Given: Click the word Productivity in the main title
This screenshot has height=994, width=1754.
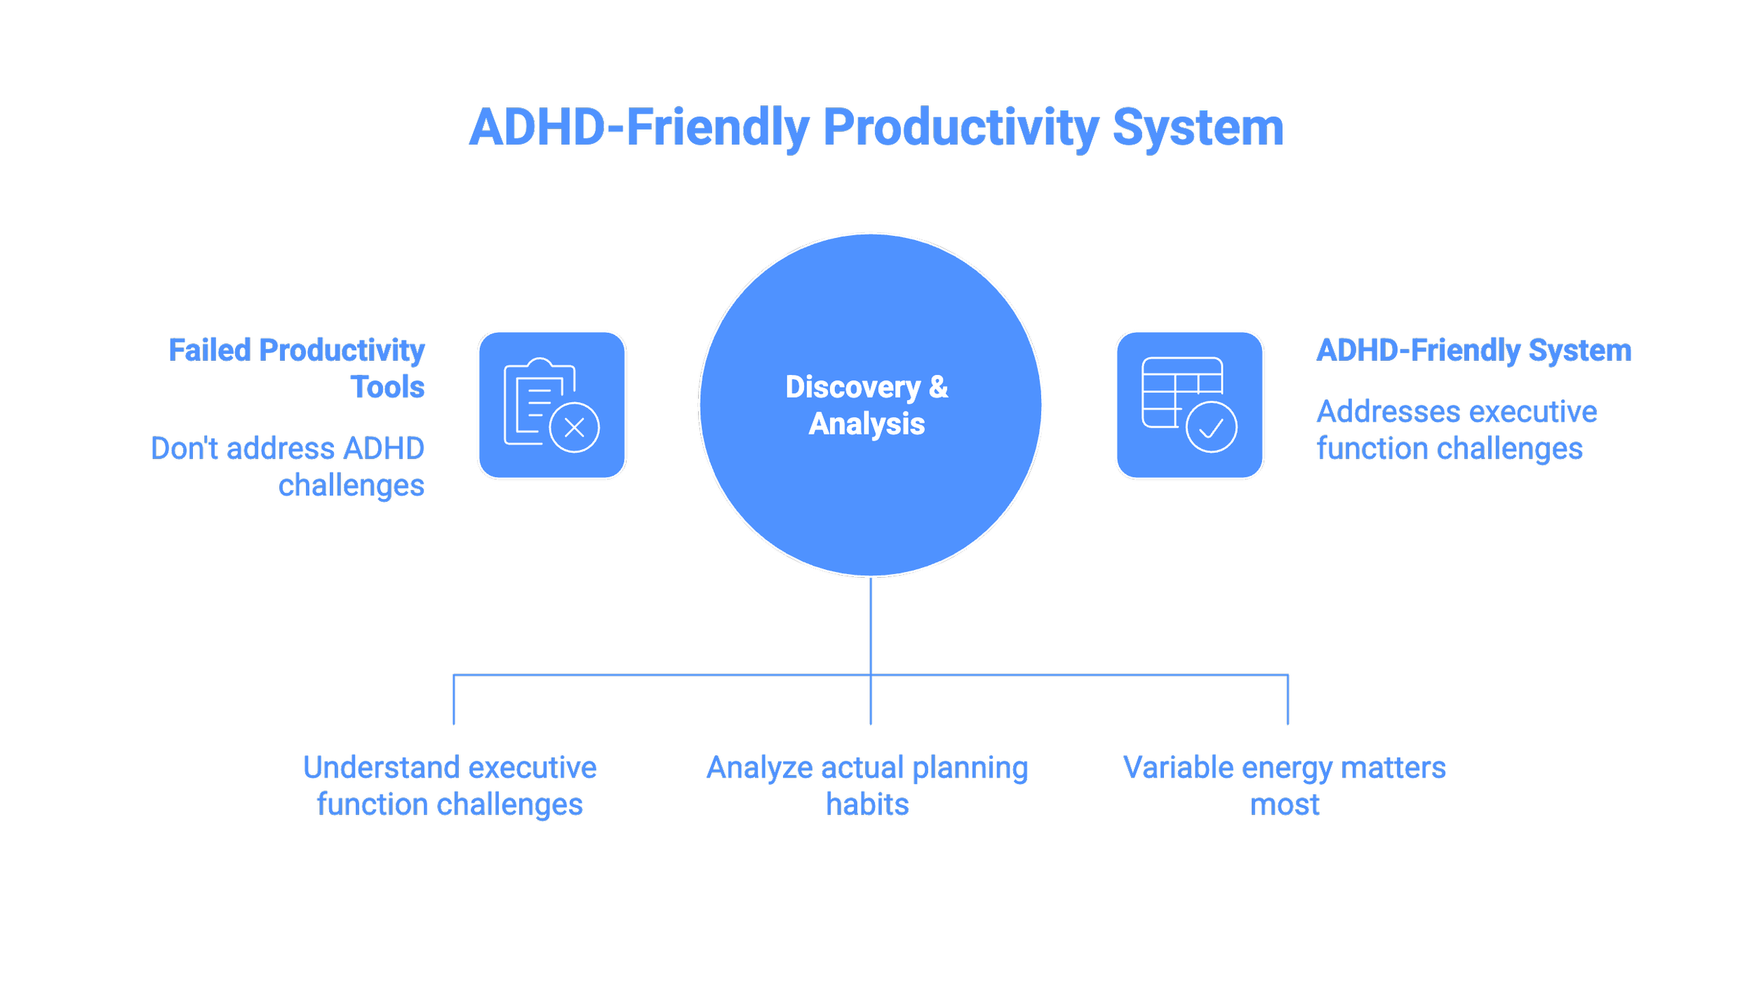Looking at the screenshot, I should (x=960, y=128).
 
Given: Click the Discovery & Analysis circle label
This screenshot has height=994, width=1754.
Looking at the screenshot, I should (x=866, y=405).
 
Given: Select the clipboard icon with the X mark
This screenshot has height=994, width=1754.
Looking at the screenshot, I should (x=551, y=405).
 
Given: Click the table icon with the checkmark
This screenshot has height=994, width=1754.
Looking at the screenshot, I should (x=1189, y=405).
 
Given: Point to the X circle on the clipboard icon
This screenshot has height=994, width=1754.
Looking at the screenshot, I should (x=574, y=428).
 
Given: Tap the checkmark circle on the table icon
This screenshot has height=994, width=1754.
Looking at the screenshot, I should (x=1211, y=427).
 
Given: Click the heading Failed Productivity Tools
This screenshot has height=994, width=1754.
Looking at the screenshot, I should (x=297, y=368).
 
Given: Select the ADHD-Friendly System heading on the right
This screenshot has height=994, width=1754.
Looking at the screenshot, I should (x=1473, y=350).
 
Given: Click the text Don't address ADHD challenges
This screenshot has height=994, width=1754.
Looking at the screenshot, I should (x=288, y=466).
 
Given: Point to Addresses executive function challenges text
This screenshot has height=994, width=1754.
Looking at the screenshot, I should (x=1456, y=430).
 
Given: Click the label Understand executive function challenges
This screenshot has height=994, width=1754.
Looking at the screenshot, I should (x=450, y=786).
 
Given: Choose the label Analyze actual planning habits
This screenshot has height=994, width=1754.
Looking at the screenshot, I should (x=867, y=786).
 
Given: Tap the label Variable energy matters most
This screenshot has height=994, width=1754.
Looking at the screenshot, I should (x=1284, y=786).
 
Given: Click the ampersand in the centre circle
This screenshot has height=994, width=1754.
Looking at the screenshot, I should (x=938, y=387).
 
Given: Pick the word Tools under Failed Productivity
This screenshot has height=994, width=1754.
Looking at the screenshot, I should (x=387, y=387).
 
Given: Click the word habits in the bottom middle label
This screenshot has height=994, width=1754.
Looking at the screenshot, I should (x=867, y=804).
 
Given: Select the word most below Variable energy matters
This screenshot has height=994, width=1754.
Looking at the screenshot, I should (x=1284, y=804).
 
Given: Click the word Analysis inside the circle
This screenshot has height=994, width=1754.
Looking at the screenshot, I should (x=866, y=424).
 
